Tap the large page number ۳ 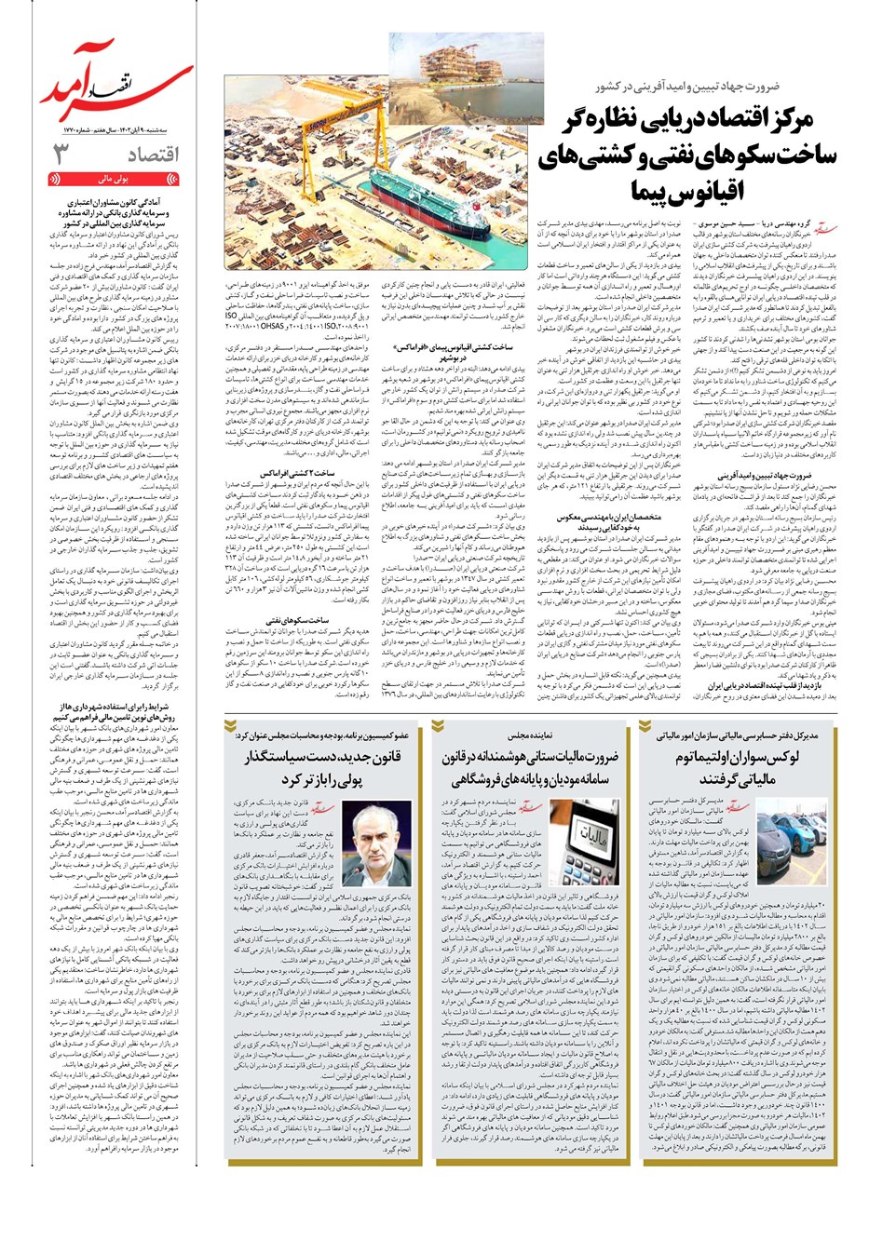pos(61,155)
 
